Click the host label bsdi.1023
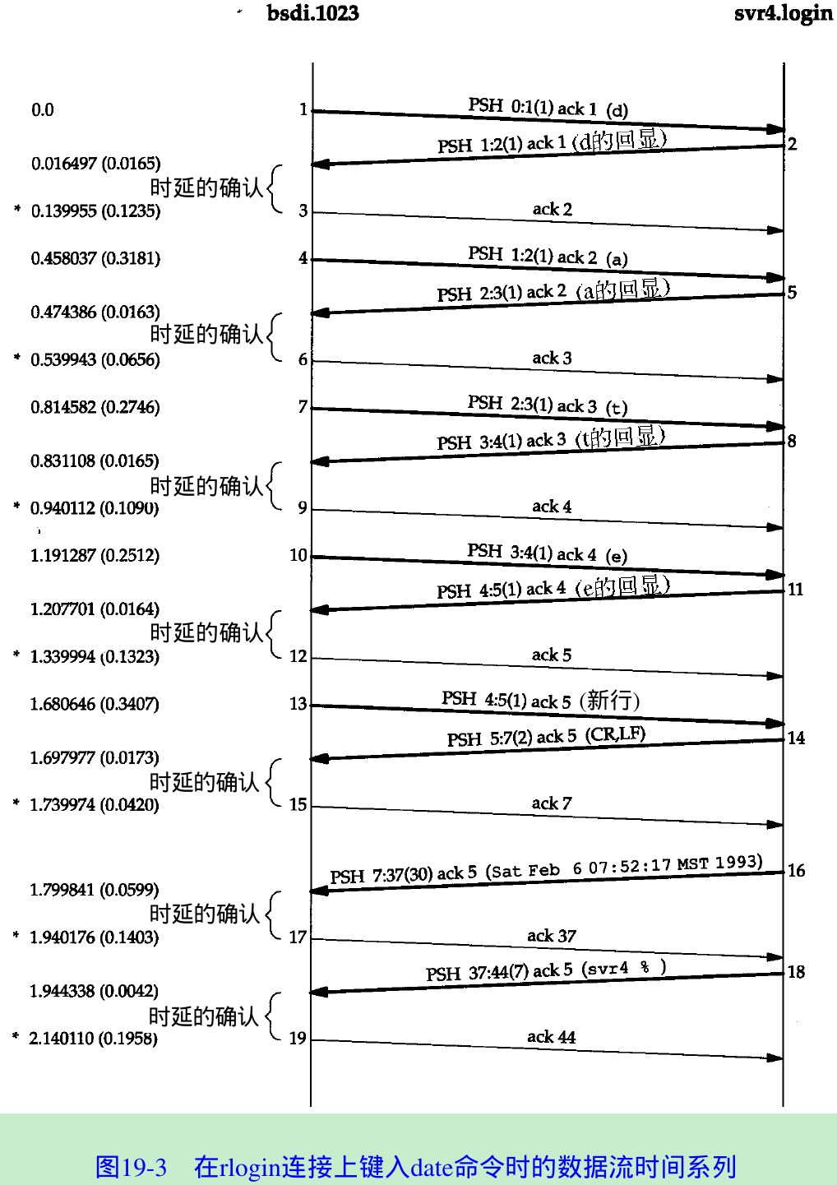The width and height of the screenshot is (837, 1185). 312,13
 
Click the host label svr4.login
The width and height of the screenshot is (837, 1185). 783,14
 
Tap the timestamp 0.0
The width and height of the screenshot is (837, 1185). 43,110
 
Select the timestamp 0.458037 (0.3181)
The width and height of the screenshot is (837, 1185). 95,259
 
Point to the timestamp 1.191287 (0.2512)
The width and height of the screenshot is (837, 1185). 95,556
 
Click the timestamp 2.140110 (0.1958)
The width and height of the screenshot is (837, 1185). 93,1039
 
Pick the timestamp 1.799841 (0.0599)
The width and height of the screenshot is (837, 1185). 95,890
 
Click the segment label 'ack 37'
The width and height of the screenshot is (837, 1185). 552,936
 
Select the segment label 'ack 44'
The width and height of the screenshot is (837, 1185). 552,1037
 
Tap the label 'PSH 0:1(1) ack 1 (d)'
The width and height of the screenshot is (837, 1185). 548,108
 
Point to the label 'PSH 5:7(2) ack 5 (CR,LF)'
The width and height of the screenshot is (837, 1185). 546,737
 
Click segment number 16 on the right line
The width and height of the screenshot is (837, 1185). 796,870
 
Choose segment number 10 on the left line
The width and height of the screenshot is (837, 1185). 298,556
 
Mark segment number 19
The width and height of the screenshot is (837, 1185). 298,1039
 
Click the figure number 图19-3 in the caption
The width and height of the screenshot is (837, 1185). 131,1167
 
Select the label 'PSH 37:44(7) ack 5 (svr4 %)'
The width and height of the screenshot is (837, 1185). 546,971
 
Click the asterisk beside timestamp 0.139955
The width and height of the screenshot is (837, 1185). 17,211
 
